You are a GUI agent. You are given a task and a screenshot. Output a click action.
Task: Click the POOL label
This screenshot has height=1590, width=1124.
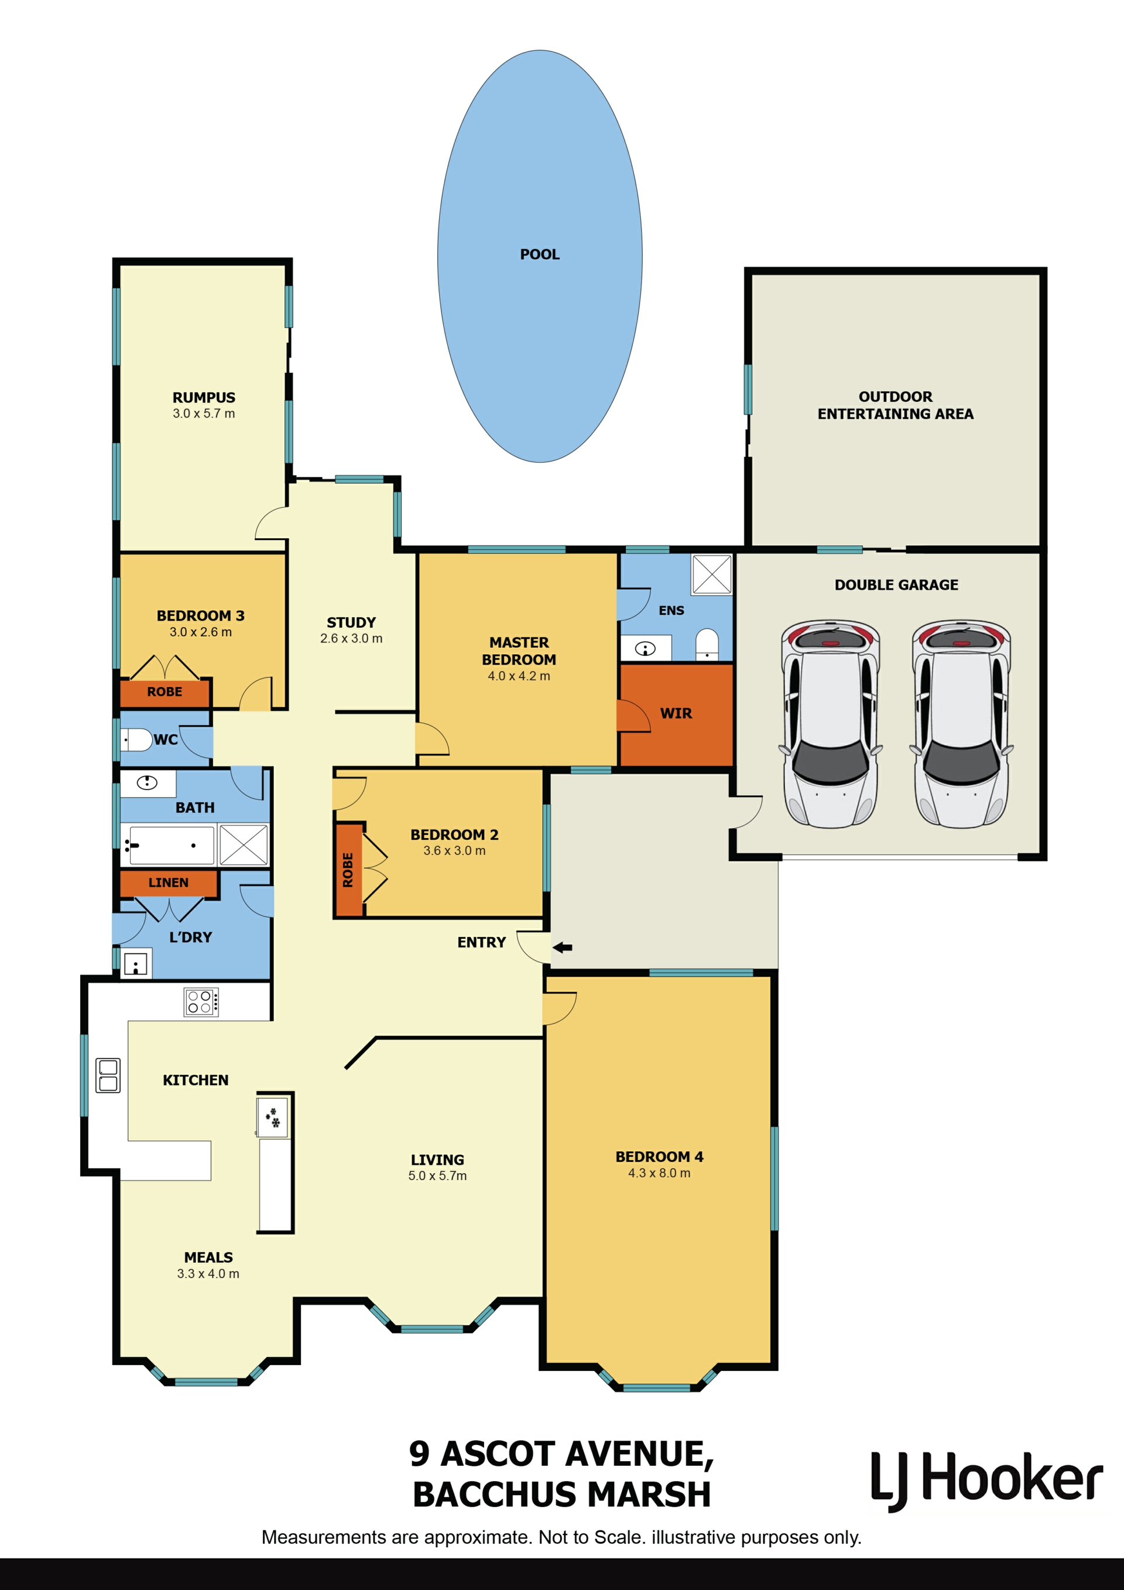tap(540, 255)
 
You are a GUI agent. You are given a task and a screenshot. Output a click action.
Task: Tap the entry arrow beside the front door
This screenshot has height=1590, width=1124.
tap(562, 948)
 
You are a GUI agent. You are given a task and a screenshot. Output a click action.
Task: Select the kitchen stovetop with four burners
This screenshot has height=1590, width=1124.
tap(201, 1002)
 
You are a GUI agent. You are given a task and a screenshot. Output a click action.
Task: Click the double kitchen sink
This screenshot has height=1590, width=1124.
tap(108, 1075)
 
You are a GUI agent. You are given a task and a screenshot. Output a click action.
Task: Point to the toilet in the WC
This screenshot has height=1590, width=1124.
tap(136, 740)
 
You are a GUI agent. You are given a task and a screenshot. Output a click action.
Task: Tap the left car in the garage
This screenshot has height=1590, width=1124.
tap(831, 724)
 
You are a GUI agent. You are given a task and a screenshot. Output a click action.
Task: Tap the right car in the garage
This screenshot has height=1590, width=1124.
tap(961, 724)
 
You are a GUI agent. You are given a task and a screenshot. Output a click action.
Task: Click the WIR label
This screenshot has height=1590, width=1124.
tap(676, 713)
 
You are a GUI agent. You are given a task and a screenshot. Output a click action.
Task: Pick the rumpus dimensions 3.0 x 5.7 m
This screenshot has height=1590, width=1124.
tap(204, 413)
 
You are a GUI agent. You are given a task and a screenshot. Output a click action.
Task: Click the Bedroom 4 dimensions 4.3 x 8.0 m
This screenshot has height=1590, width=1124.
tap(660, 1173)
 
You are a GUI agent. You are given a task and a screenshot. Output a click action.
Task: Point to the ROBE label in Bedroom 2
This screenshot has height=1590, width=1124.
tap(348, 870)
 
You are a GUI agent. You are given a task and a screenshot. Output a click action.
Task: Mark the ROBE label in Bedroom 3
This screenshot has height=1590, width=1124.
tap(165, 692)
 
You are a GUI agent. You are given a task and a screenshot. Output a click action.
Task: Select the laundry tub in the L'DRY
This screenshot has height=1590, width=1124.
tap(136, 963)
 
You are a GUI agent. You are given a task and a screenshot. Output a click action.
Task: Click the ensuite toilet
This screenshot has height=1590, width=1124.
tap(707, 644)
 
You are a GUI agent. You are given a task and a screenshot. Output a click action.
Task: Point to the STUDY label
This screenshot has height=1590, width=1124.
tap(352, 623)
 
